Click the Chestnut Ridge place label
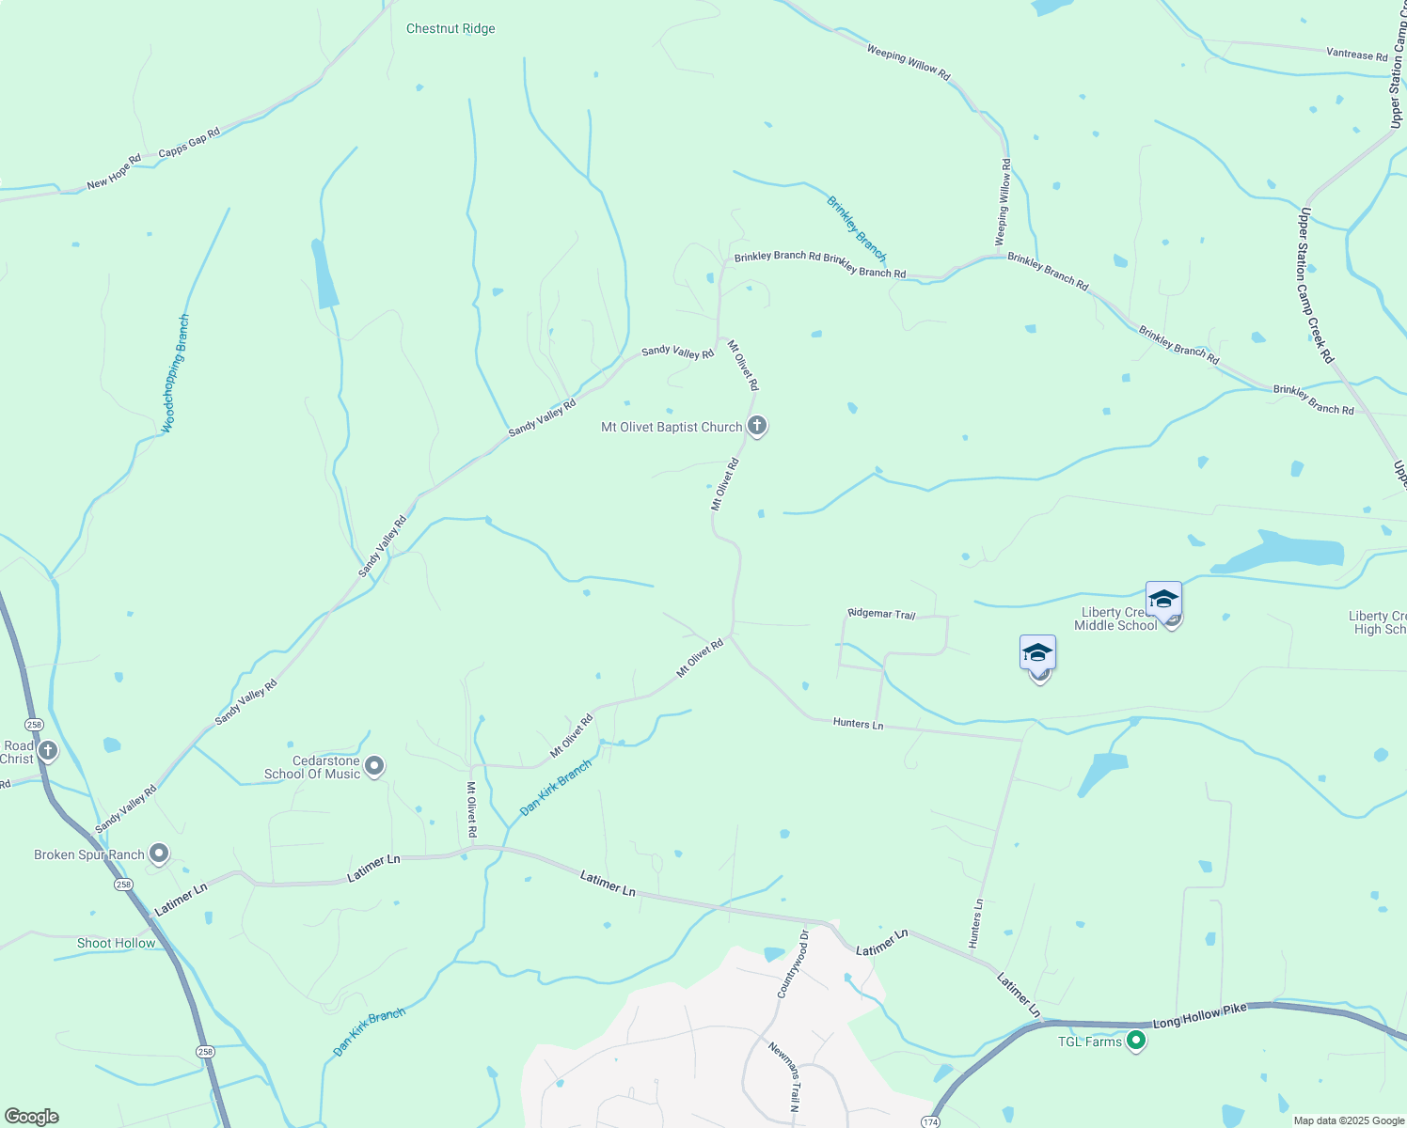coord(451,29)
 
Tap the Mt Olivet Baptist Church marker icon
coord(757,426)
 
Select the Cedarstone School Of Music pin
coord(374,766)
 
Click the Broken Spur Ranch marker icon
coord(159,854)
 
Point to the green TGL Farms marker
coord(1136,1041)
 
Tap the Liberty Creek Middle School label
coord(1115,619)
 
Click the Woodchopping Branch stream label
coord(175,373)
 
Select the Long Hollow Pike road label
coord(1199,1015)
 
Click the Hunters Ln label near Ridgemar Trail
coord(858,724)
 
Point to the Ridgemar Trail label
coord(881,614)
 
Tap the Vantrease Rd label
coord(1356,55)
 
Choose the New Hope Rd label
coord(114,171)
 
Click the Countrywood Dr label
coord(792,964)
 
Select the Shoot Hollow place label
coord(116,943)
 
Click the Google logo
coord(31,1116)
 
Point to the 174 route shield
coord(929,1121)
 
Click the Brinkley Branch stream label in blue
coord(856,228)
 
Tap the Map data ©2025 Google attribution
coord(1348,1120)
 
